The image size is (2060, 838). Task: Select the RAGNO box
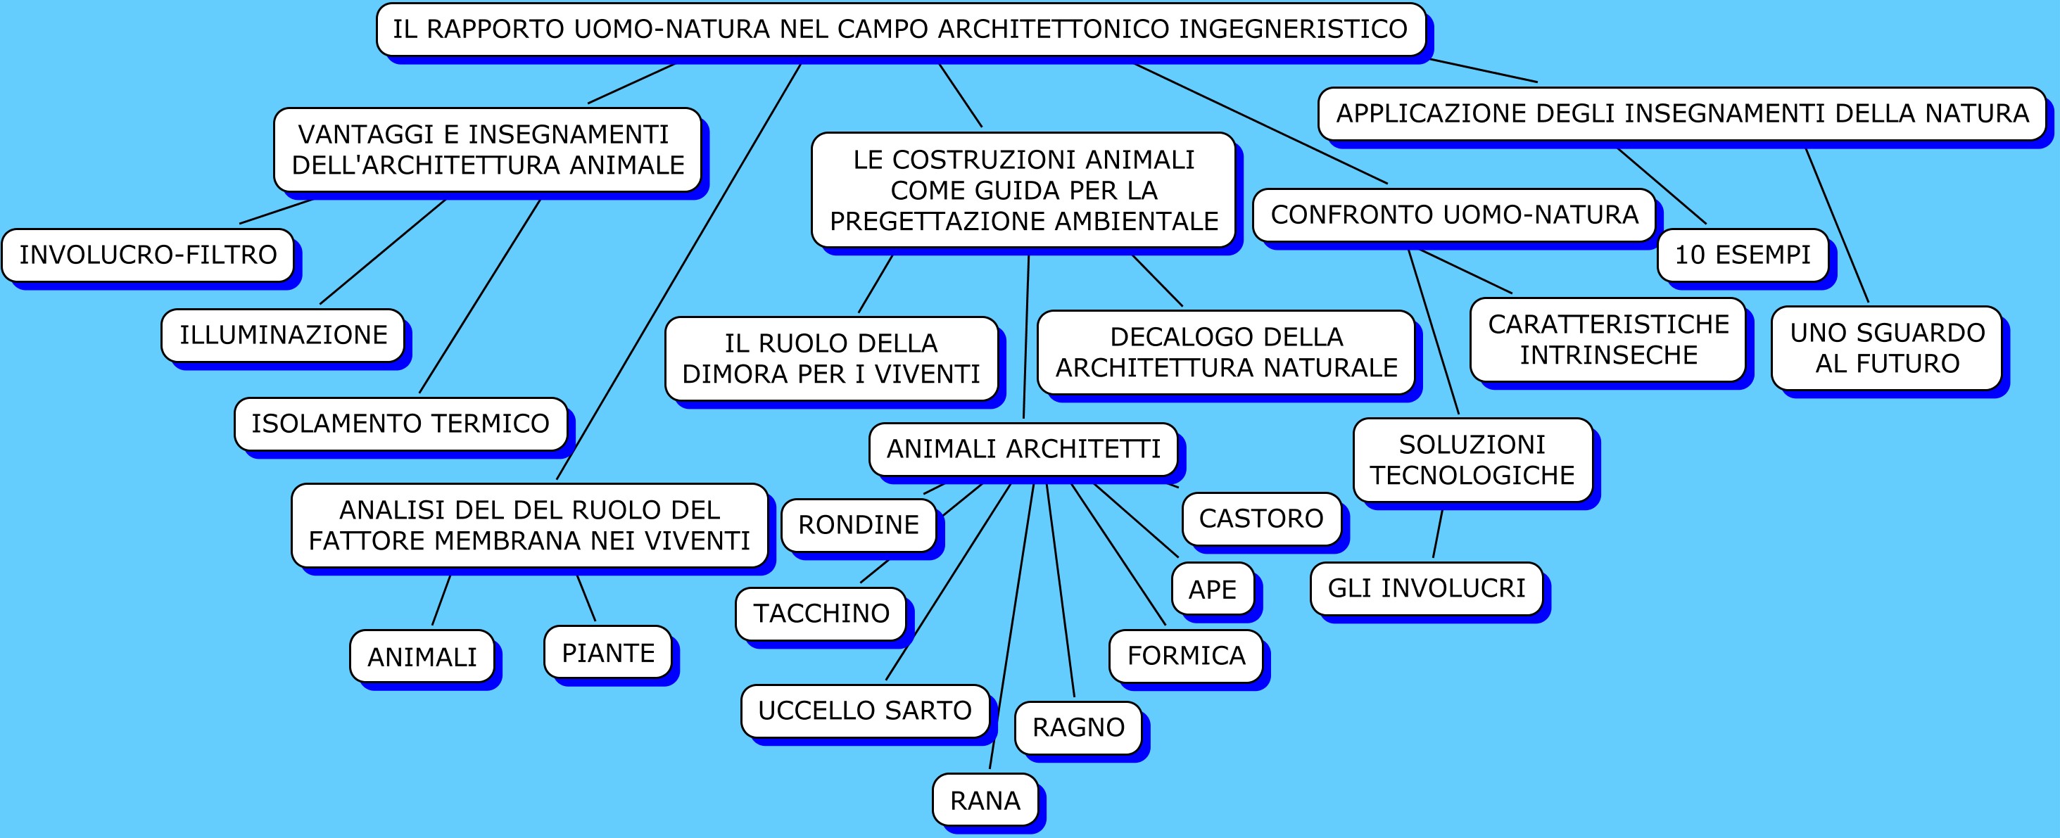coord(1078,728)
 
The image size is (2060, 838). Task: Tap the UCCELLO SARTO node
coord(864,710)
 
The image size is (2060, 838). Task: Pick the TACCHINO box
coord(821,614)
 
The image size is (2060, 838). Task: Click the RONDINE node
coord(858,525)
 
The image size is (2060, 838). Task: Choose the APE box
coord(1213,590)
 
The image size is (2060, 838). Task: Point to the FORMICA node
coord(1186,656)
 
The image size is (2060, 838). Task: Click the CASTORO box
coord(1261,518)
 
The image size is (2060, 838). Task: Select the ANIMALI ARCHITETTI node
coord(1023,449)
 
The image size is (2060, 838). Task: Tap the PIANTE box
coord(608,652)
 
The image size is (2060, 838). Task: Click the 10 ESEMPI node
coord(1743,254)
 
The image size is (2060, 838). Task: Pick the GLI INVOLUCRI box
coord(1426,588)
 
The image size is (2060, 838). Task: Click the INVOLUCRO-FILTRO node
coord(148,254)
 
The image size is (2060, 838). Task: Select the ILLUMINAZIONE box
coord(283,334)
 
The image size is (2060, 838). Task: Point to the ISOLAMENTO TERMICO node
coord(400,423)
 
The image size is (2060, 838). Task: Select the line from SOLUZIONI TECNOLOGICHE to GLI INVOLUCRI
coord(1438,533)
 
